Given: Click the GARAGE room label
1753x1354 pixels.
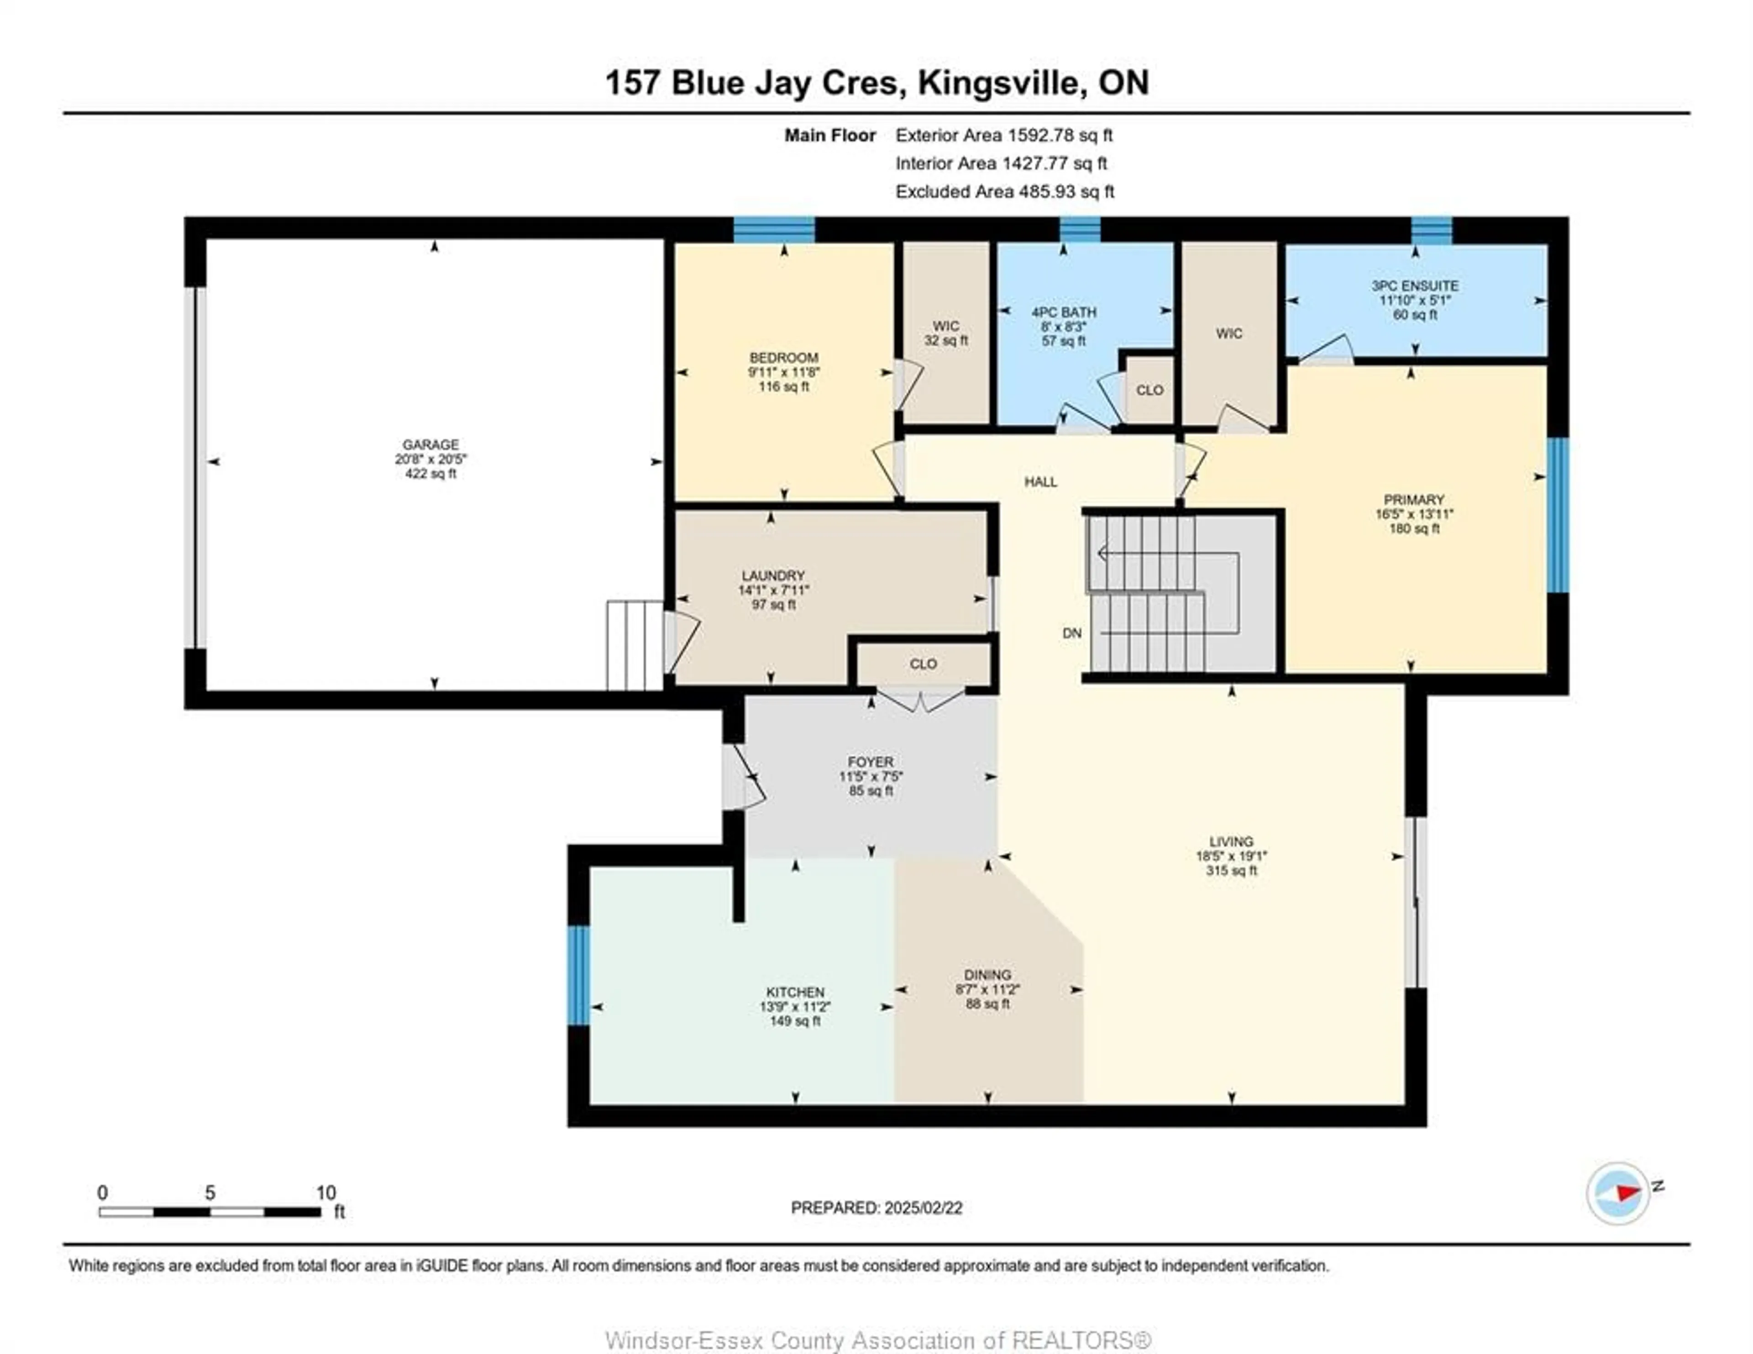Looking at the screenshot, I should (431, 444).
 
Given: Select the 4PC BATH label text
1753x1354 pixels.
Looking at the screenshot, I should (1064, 312).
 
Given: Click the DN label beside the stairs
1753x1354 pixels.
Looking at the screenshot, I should (1071, 633).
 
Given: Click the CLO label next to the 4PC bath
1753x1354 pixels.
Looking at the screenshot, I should (1149, 390).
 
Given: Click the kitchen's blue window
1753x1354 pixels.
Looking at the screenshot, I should (578, 975).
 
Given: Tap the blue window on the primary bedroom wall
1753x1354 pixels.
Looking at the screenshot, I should (1557, 515).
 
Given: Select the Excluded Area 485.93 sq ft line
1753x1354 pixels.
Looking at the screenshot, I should (1004, 192).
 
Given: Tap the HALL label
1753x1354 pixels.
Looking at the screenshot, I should (1040, 481).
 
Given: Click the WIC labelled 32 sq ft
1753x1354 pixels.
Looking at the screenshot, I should (945, 333).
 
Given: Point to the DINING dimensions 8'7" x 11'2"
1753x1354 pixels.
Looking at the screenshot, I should (987, 990).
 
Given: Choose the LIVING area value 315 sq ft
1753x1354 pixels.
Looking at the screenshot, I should (1231, 870).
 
